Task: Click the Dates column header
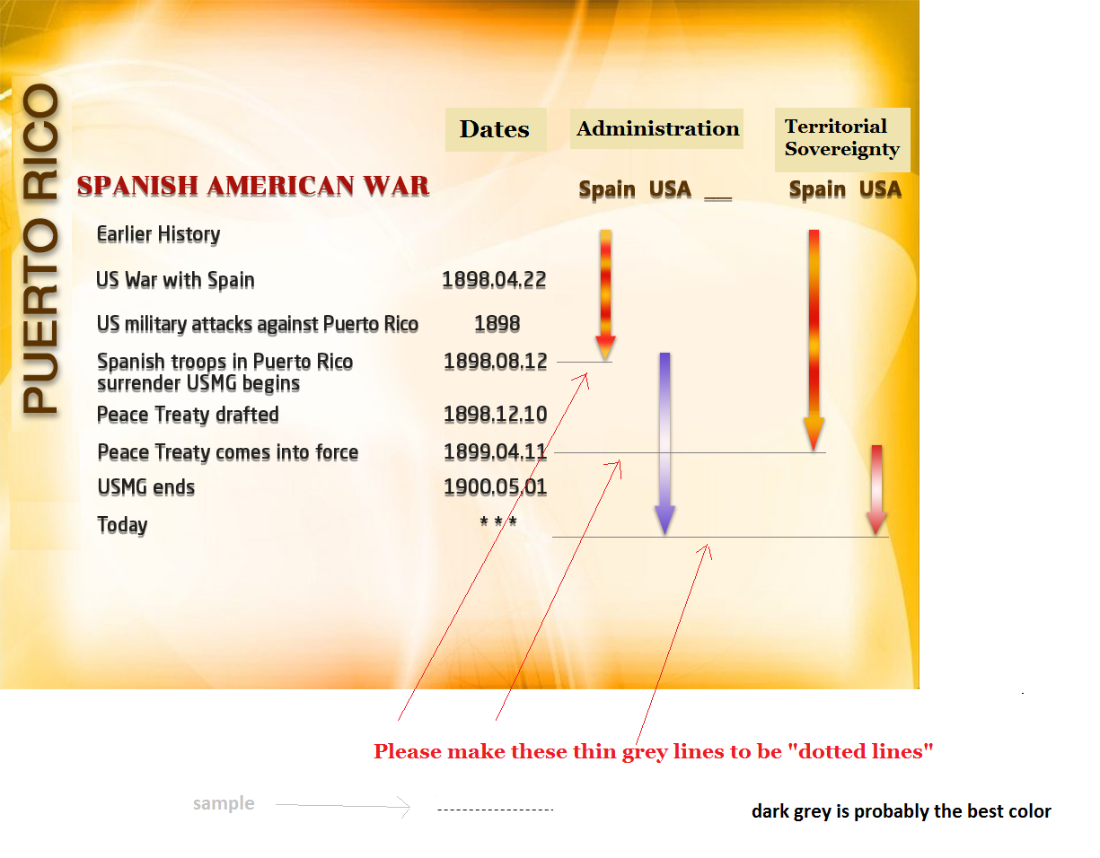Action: [495, 129]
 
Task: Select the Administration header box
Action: [656, 128]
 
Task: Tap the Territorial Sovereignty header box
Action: [841, 140]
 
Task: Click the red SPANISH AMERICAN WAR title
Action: [252, 186]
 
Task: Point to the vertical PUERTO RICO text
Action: [40, 249]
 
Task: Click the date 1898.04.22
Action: [494, 280]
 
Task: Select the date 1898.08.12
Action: [495, 362]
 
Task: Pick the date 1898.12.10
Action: [495, 415]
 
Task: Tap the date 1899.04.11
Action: [495, 451]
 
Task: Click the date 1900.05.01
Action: [495, 487]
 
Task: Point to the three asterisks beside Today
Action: [498, 521]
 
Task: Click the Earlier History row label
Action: [158, 235]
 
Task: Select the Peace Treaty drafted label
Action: [188, 415]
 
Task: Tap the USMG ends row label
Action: [145, 487]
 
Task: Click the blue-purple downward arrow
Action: [664, 443]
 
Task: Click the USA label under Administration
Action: [670, 189]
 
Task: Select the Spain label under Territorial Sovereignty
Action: [817, 190]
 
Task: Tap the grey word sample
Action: [224, 803]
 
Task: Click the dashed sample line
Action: [495, 810]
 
